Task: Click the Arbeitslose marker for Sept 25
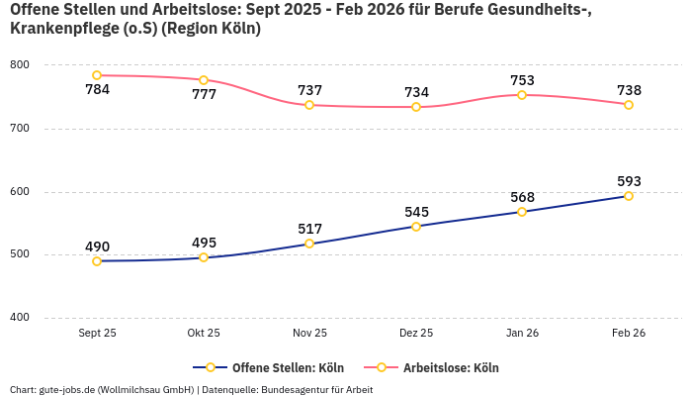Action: pos(97,75)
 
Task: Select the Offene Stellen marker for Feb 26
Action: pos(629,196)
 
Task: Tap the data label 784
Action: pos(97,90)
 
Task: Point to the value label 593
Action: pos(629,181)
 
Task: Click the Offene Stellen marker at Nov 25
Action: pos(309,244)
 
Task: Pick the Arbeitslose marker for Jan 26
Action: pos(522,95)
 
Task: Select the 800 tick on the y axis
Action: pos(20,65)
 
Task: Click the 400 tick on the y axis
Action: pos(20,318)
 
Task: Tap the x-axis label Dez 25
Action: pos(416,334)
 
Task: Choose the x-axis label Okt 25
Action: pos(204,334)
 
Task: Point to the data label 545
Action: pos(416,212)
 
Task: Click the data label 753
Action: pos(522,80)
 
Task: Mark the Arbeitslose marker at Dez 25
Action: pos(416,107)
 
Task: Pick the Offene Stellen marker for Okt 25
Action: pos(204,257)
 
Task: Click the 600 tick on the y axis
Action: pos(20,192)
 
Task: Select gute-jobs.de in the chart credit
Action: pos(68,389)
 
